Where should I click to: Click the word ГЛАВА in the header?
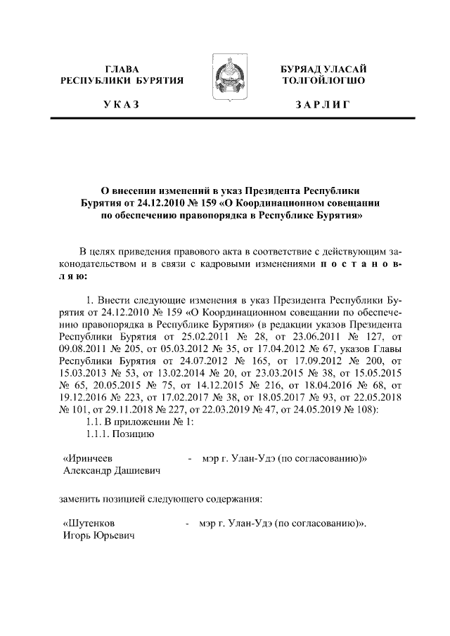click(x=121, y=69)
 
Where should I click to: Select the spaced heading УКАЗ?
click(x=121, y=106)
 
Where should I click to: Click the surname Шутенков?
click(x=89, y=524)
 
